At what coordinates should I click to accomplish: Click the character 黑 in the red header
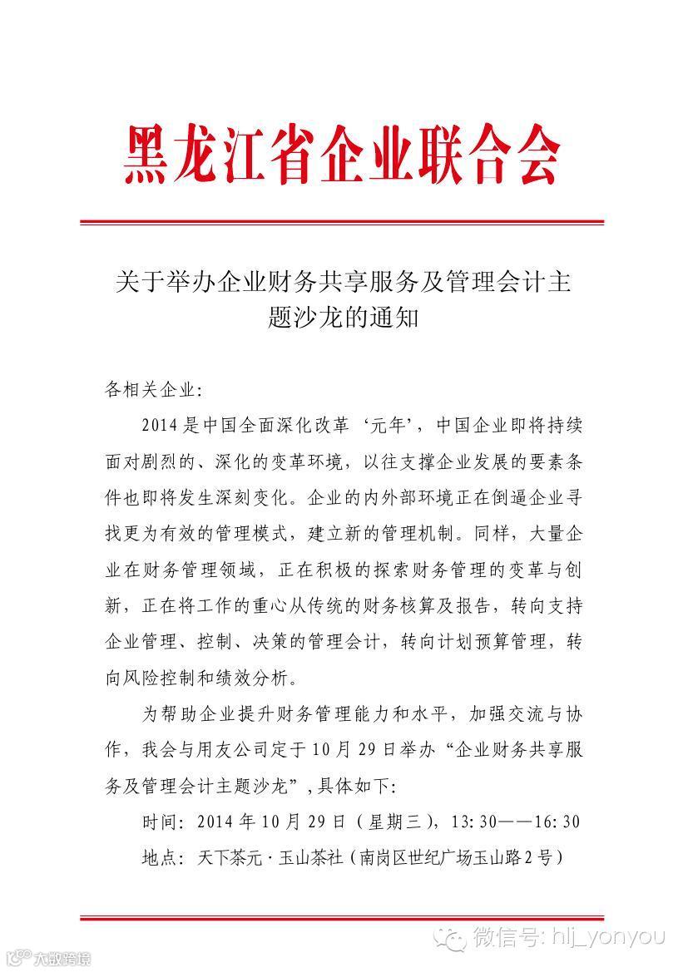click(x=148, y=155)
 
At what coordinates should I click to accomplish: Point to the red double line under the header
click(x=341, y=222)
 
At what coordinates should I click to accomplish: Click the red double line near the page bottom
click(x=341, y=918)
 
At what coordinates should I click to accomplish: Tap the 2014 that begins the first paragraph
click(x=159, y=426)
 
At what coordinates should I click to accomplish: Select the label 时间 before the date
click(x=160, y=822)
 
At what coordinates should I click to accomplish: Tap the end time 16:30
click(x=557, y=822)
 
